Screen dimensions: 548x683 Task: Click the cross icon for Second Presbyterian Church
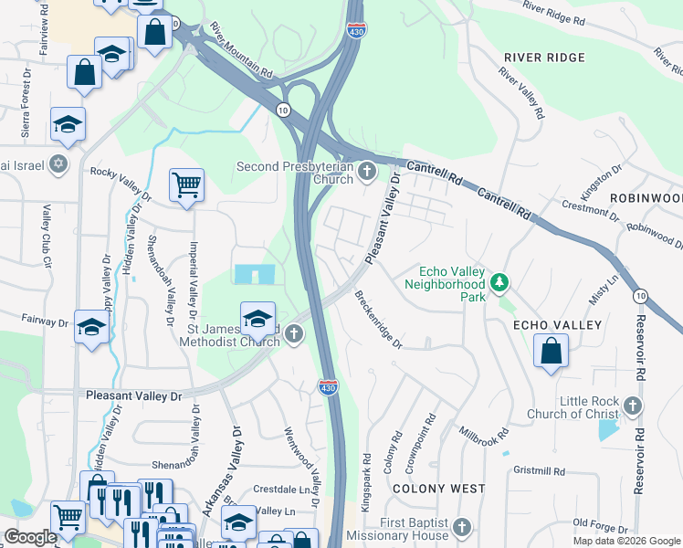click(x=367, y=172)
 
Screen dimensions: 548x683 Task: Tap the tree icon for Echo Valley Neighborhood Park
click(x=499, y=283)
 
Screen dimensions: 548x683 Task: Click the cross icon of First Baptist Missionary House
click(x=462, y=528)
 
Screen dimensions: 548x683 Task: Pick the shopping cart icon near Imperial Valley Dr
click(x=186, y=185)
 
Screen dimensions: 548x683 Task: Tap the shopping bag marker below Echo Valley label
click(x=551, y=352)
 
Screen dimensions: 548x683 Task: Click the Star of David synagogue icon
click(x=58, y=163)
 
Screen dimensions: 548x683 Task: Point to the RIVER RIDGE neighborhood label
click(x=544, y=58)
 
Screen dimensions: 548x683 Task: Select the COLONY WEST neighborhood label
click(x=438, y=489)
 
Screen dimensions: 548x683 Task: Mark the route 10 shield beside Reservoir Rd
click(x=640, y=295)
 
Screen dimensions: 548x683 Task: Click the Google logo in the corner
click(x=30, y=537)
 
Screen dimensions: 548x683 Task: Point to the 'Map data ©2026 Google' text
click(x=626, y=541)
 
